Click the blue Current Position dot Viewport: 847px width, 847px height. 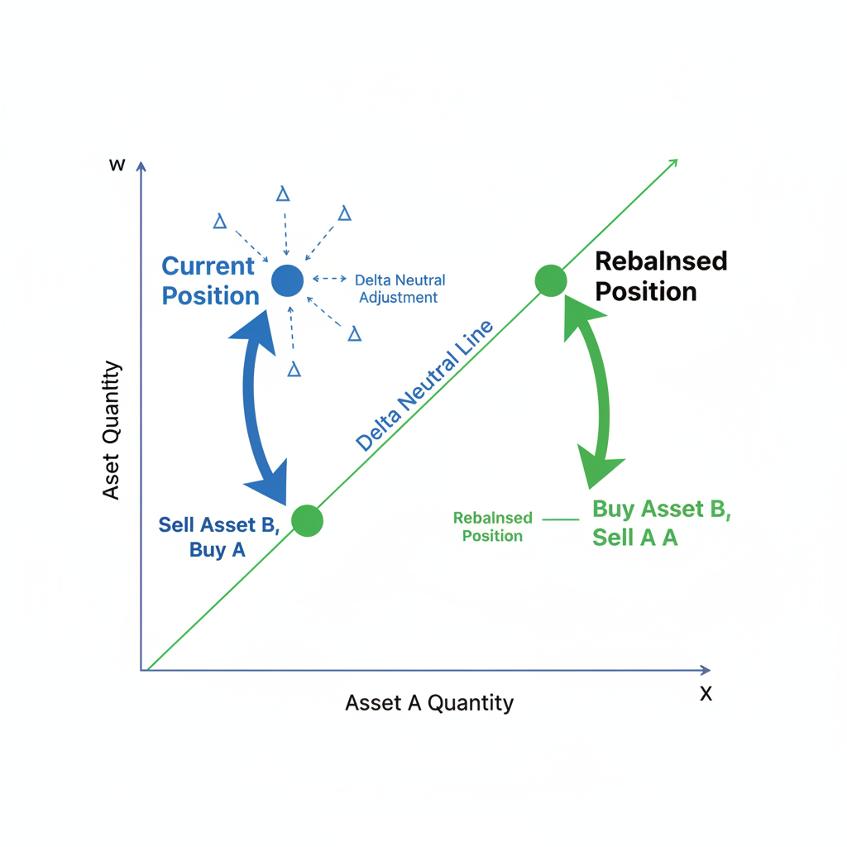coord(287,280)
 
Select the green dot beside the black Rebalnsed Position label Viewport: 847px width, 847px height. coord(551,280)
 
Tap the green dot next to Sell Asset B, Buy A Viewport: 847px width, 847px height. coord(307,520)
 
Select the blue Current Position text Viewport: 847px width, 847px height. coord(209,280)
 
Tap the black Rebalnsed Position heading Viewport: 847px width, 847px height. coord(660,276)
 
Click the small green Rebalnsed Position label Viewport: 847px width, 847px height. coord(492,527)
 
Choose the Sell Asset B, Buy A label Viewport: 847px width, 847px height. coord(218,536)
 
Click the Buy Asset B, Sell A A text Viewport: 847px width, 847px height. coord(661,523)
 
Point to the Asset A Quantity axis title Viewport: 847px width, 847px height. coord(429,703)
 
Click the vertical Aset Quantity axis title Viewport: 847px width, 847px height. coord(112,430)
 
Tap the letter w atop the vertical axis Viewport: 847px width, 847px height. coord(117,165)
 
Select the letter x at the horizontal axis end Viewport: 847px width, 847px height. coord(706,693)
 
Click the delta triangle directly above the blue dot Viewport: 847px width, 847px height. coord(283,194)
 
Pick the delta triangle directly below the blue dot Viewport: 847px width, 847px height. coord(294,370)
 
